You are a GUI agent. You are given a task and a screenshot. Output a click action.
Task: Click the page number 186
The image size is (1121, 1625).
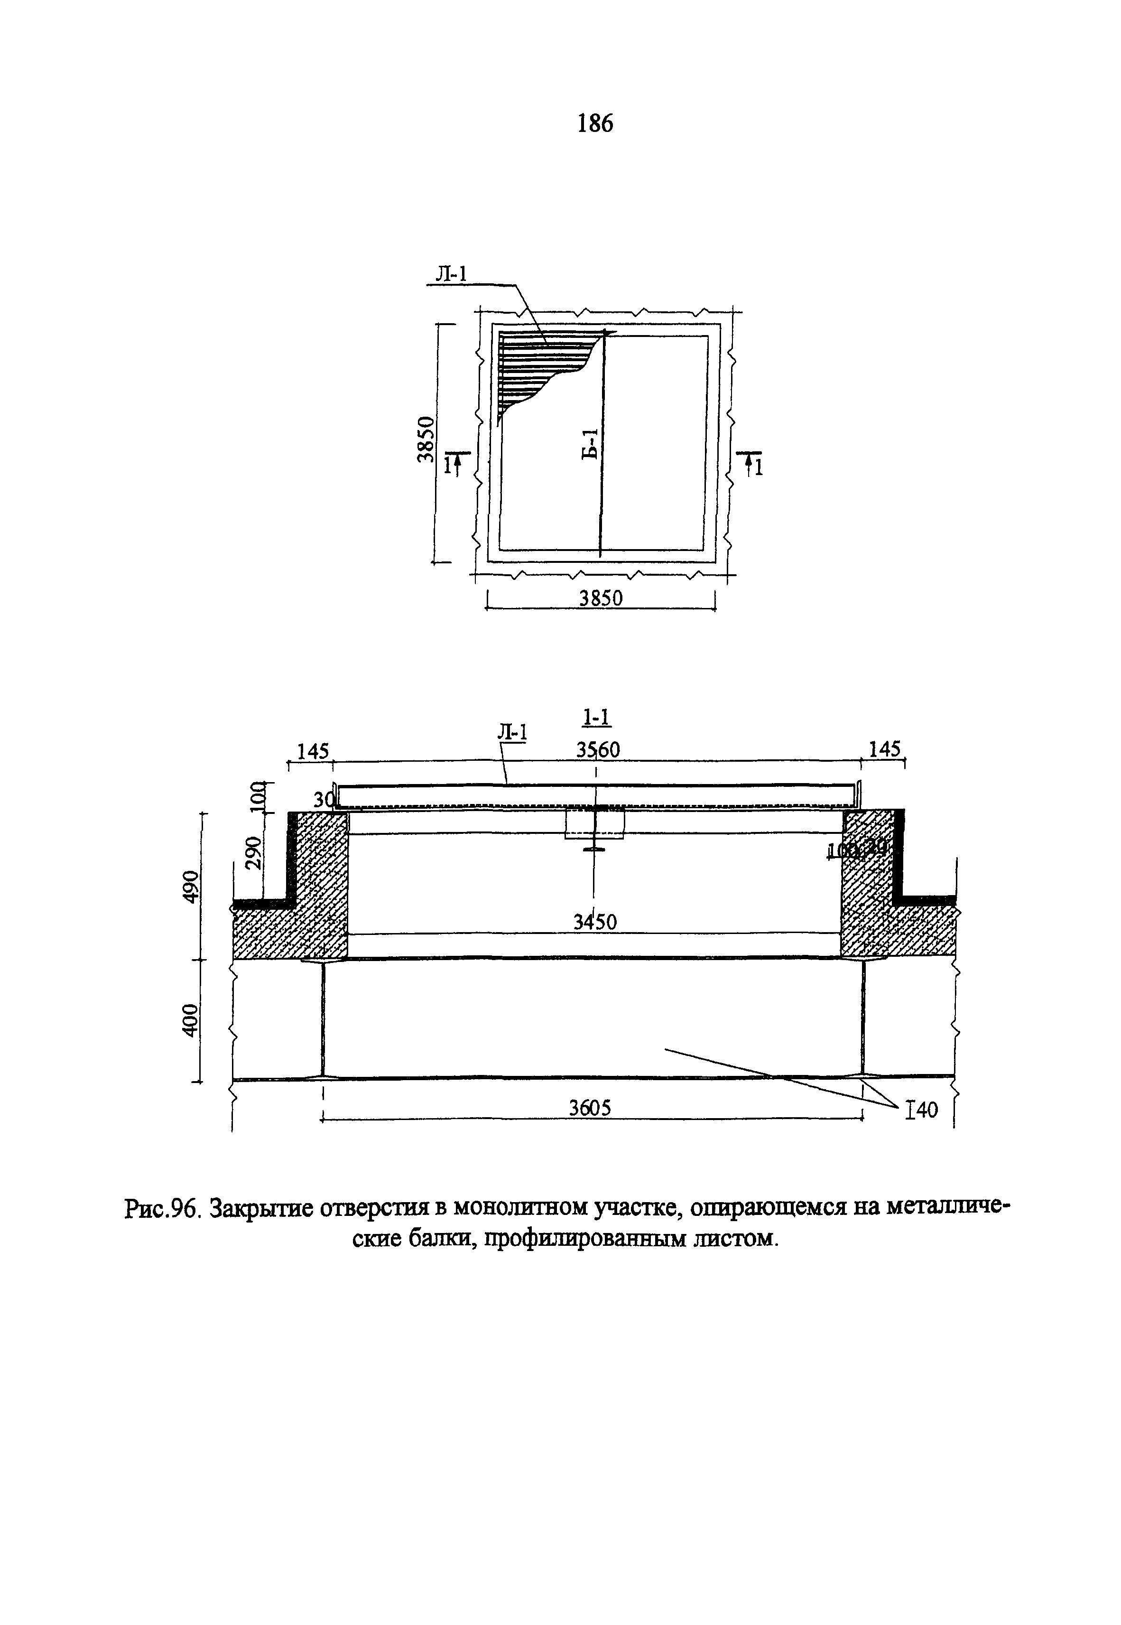(x=594, y=124)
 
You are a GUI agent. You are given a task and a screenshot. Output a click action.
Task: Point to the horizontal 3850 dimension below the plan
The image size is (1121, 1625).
(x=601, y=598)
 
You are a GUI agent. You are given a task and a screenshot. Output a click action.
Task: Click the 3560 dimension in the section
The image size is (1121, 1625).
(x=598, y=750)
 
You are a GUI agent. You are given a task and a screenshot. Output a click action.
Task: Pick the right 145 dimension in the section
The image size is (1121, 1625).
(x=884, y=750)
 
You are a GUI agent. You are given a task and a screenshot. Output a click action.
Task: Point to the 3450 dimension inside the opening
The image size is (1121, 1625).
(x=595, y=922)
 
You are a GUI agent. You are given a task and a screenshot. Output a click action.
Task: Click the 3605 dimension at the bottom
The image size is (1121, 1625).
(x=590, y=1108)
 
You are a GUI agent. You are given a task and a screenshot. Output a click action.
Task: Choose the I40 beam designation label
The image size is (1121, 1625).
(x=922, y=1110)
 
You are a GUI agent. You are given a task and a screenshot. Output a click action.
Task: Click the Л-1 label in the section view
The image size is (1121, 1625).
(x=512, y=732)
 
